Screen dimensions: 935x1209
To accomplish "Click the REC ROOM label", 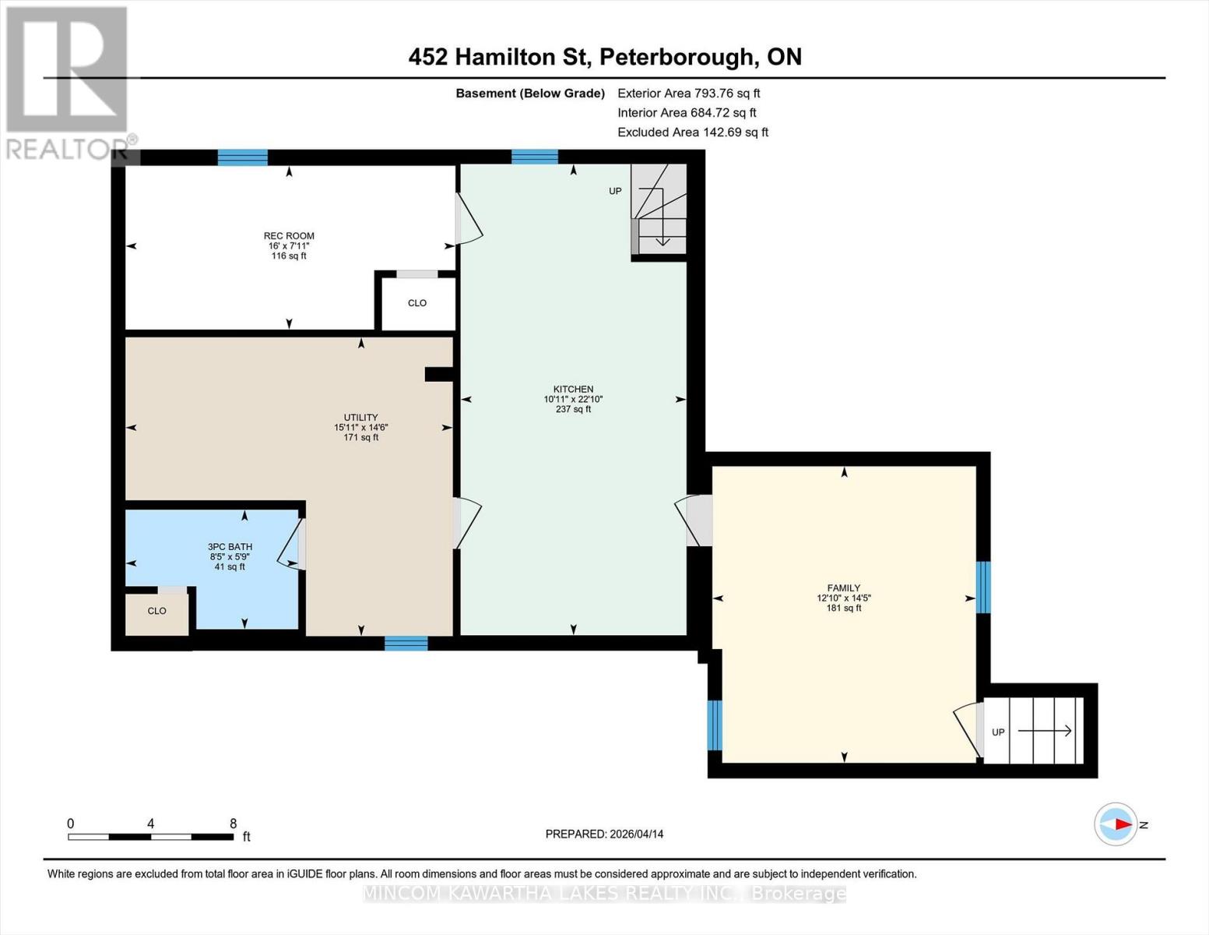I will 289,236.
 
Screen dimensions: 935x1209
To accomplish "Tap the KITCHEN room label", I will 573,389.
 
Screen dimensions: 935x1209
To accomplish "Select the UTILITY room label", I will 360,418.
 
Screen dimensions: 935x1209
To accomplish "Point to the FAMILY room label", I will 844,588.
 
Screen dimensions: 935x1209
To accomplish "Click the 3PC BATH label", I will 230,547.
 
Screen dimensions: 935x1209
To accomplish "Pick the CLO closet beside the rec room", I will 417,303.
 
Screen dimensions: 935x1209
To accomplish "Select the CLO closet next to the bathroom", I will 157,611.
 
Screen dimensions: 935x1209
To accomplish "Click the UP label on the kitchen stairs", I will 615,192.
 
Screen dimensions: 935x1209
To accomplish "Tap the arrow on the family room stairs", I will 1045,731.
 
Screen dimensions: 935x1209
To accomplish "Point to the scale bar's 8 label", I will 233,824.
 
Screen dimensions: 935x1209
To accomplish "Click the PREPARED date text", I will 604,834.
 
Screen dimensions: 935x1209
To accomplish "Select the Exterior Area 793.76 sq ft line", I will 688,93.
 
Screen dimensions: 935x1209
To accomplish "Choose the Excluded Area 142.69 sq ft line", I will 692,132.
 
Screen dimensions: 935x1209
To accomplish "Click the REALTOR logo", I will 68,82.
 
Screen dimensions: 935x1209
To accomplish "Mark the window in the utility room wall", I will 406,644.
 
